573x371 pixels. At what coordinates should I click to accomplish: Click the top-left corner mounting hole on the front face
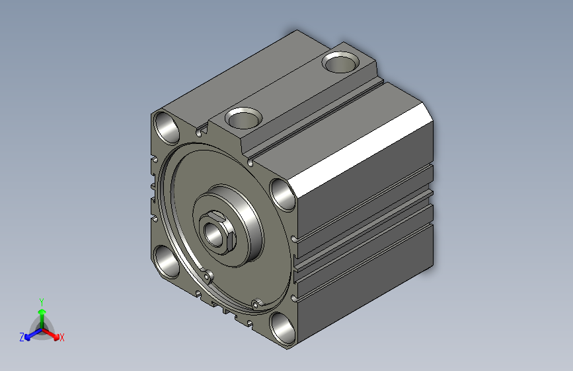(167, 127)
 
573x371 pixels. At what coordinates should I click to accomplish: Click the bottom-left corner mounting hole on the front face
(167, 261)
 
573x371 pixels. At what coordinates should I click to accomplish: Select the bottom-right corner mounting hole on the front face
(283, 328)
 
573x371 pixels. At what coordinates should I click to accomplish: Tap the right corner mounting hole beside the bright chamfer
(283, 195)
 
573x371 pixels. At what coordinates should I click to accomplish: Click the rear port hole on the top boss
(340, 62)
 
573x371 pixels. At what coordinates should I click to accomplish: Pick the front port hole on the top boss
(243, 118)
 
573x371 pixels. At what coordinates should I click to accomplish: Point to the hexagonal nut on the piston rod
(217, 232)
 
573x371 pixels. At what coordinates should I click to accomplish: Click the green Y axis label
(42, 302)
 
